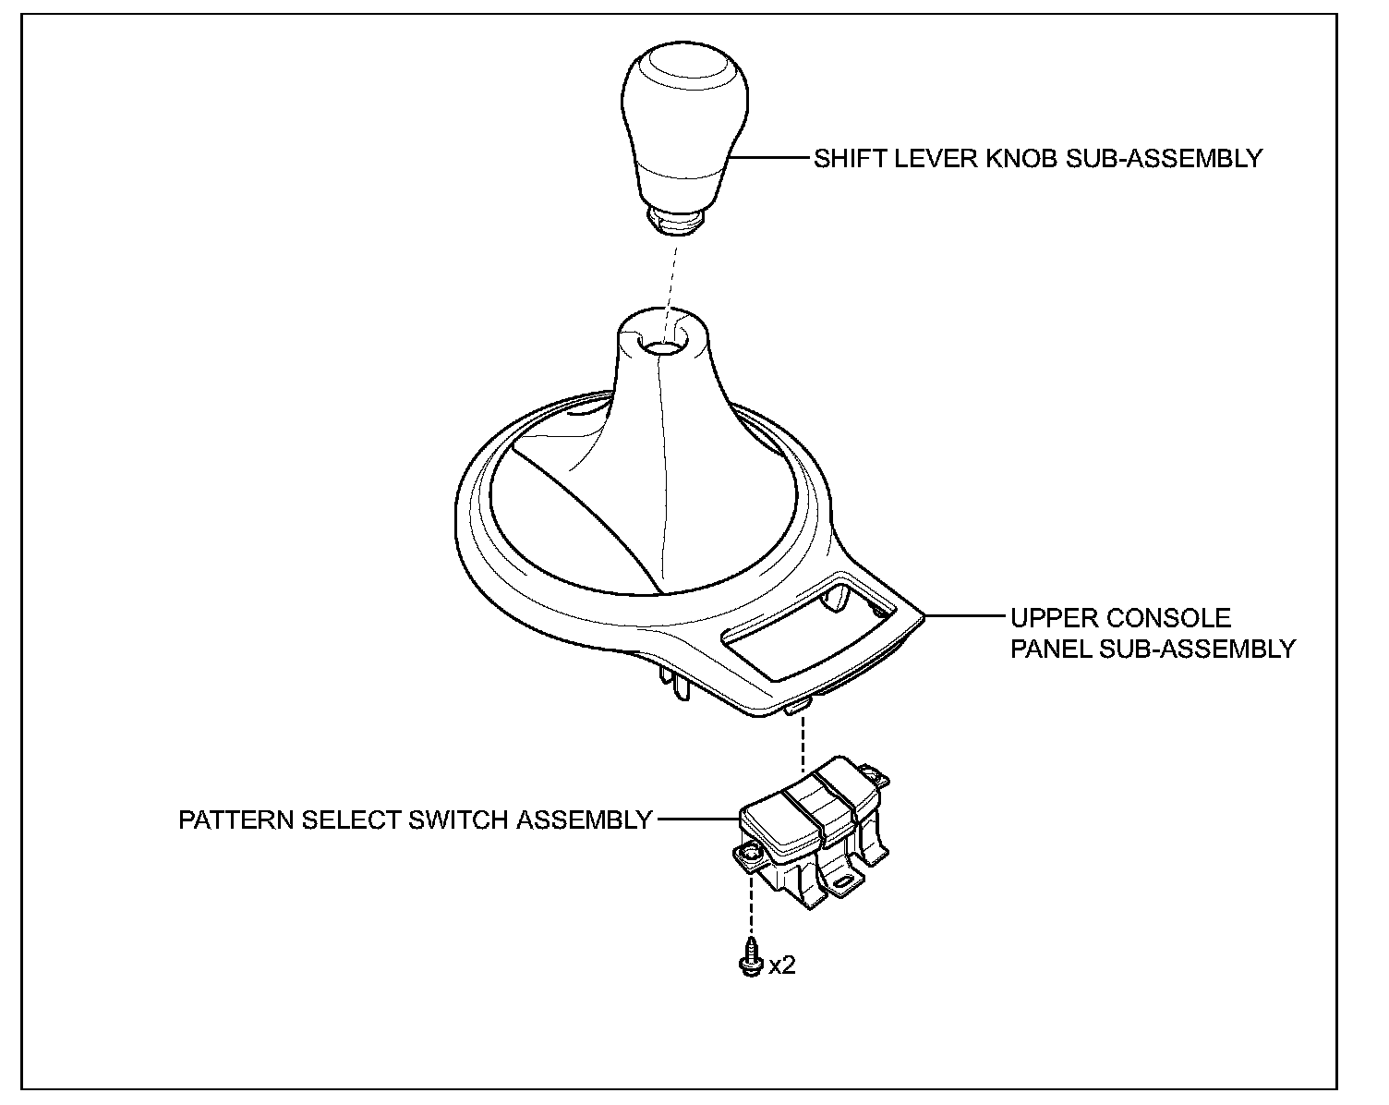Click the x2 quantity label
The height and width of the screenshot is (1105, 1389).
pos(782,965)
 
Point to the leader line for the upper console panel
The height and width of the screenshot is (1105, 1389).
pos(965,615)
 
